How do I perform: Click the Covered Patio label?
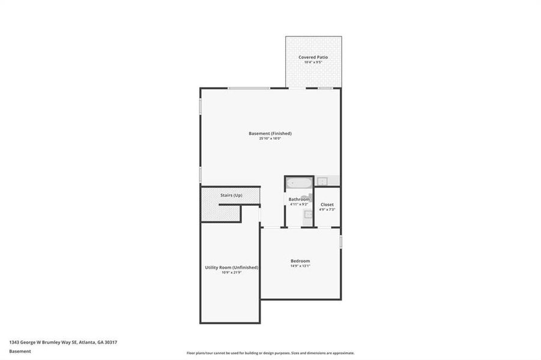(313, 57)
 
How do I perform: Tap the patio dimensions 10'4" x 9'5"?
(313, 62)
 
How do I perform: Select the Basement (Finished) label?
(270, 133)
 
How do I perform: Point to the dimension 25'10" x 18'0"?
(270, 138)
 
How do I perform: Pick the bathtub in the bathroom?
(298, 182)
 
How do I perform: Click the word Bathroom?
(299, 199)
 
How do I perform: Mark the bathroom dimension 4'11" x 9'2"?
(299, 204)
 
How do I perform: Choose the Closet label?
(327, 205)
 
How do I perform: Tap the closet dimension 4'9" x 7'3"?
(327, 209)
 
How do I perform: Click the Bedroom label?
(300, 261)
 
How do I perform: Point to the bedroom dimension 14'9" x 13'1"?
(300, 266)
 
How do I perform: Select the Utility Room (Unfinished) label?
(231, 268)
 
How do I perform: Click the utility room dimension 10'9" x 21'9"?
(231, 272)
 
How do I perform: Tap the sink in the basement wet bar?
(322, 181)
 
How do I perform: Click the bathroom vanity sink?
(307, 214)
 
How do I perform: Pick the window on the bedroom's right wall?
(340, 242)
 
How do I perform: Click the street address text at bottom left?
(63, 342)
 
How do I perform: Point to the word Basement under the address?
(20, 351)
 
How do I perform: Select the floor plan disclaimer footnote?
(270, 353)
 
